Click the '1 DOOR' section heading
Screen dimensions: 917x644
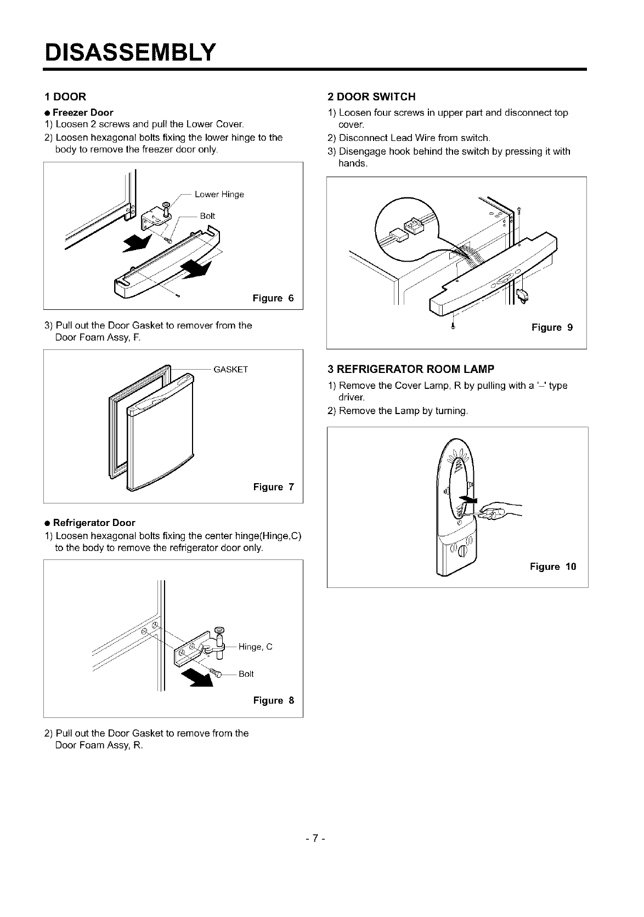tap(65, 97)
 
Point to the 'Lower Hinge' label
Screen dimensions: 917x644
tap(219, 194)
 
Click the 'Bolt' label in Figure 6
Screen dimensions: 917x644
tap(207, 216)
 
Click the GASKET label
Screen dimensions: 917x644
tap(231, 369)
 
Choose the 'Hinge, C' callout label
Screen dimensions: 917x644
tap(256, 647)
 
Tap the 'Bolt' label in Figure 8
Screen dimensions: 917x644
tap(246, 674)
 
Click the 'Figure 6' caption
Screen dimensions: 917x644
tap(273, 298)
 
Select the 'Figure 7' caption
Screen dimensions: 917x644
tap(273, 487)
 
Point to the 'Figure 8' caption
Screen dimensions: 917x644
tap(273, 700)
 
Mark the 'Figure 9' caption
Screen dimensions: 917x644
tap(552, 327)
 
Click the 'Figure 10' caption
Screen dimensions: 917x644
tap(553, 567)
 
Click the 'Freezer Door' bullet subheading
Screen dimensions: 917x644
tap(83, 113)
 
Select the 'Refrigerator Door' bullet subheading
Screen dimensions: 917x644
tap(94, 523)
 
